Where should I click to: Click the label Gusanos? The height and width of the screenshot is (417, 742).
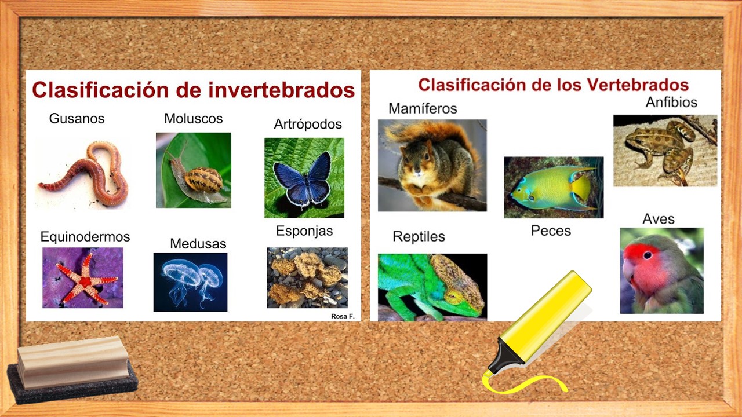77,119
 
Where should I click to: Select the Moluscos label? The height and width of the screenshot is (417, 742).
193,119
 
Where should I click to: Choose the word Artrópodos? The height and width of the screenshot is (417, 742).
308,125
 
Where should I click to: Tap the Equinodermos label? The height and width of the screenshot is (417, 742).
85,237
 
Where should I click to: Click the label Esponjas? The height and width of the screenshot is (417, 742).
304,231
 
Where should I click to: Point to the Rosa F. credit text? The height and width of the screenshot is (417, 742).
343,316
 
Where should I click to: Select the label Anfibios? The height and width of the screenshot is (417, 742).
671,103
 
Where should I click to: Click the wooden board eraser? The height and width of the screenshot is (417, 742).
72,365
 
